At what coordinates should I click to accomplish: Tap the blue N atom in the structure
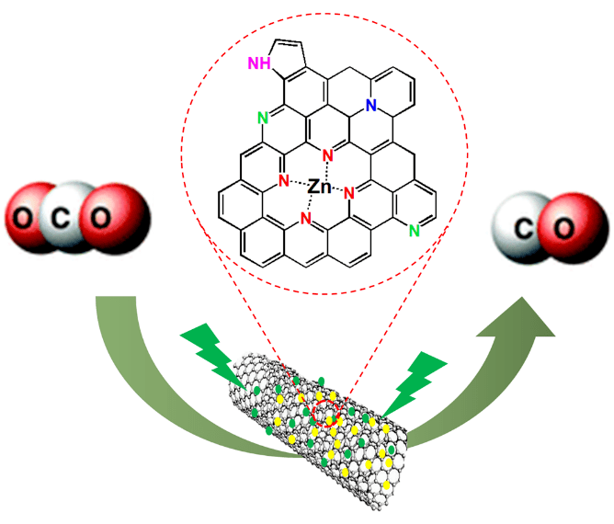click(x=370, y=107)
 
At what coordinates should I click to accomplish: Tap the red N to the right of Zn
click(x=349, y=194)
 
